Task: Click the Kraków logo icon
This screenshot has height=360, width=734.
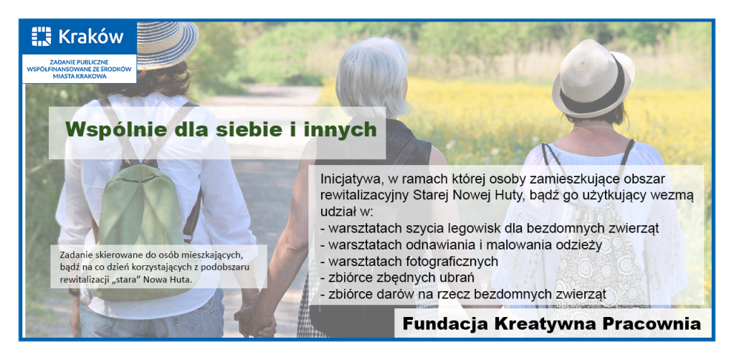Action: click(41, 37)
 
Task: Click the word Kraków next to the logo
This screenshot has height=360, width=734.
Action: click(91, 37)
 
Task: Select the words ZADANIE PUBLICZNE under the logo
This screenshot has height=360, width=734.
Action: click(79, 62)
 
